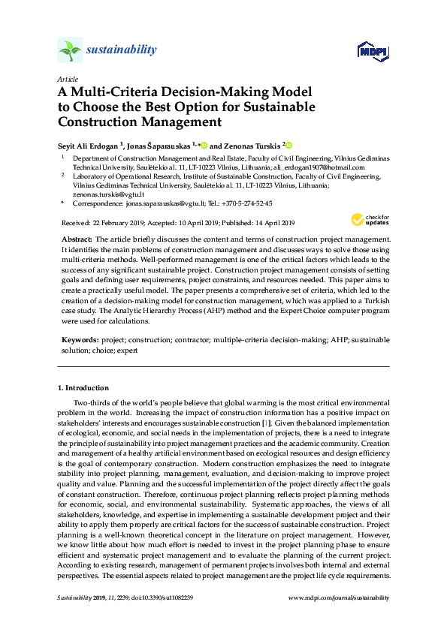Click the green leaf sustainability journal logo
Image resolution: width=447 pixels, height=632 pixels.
[70, 50]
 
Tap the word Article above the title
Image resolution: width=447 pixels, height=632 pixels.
[66, 79]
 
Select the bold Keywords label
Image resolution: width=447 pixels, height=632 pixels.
[81, 340]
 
